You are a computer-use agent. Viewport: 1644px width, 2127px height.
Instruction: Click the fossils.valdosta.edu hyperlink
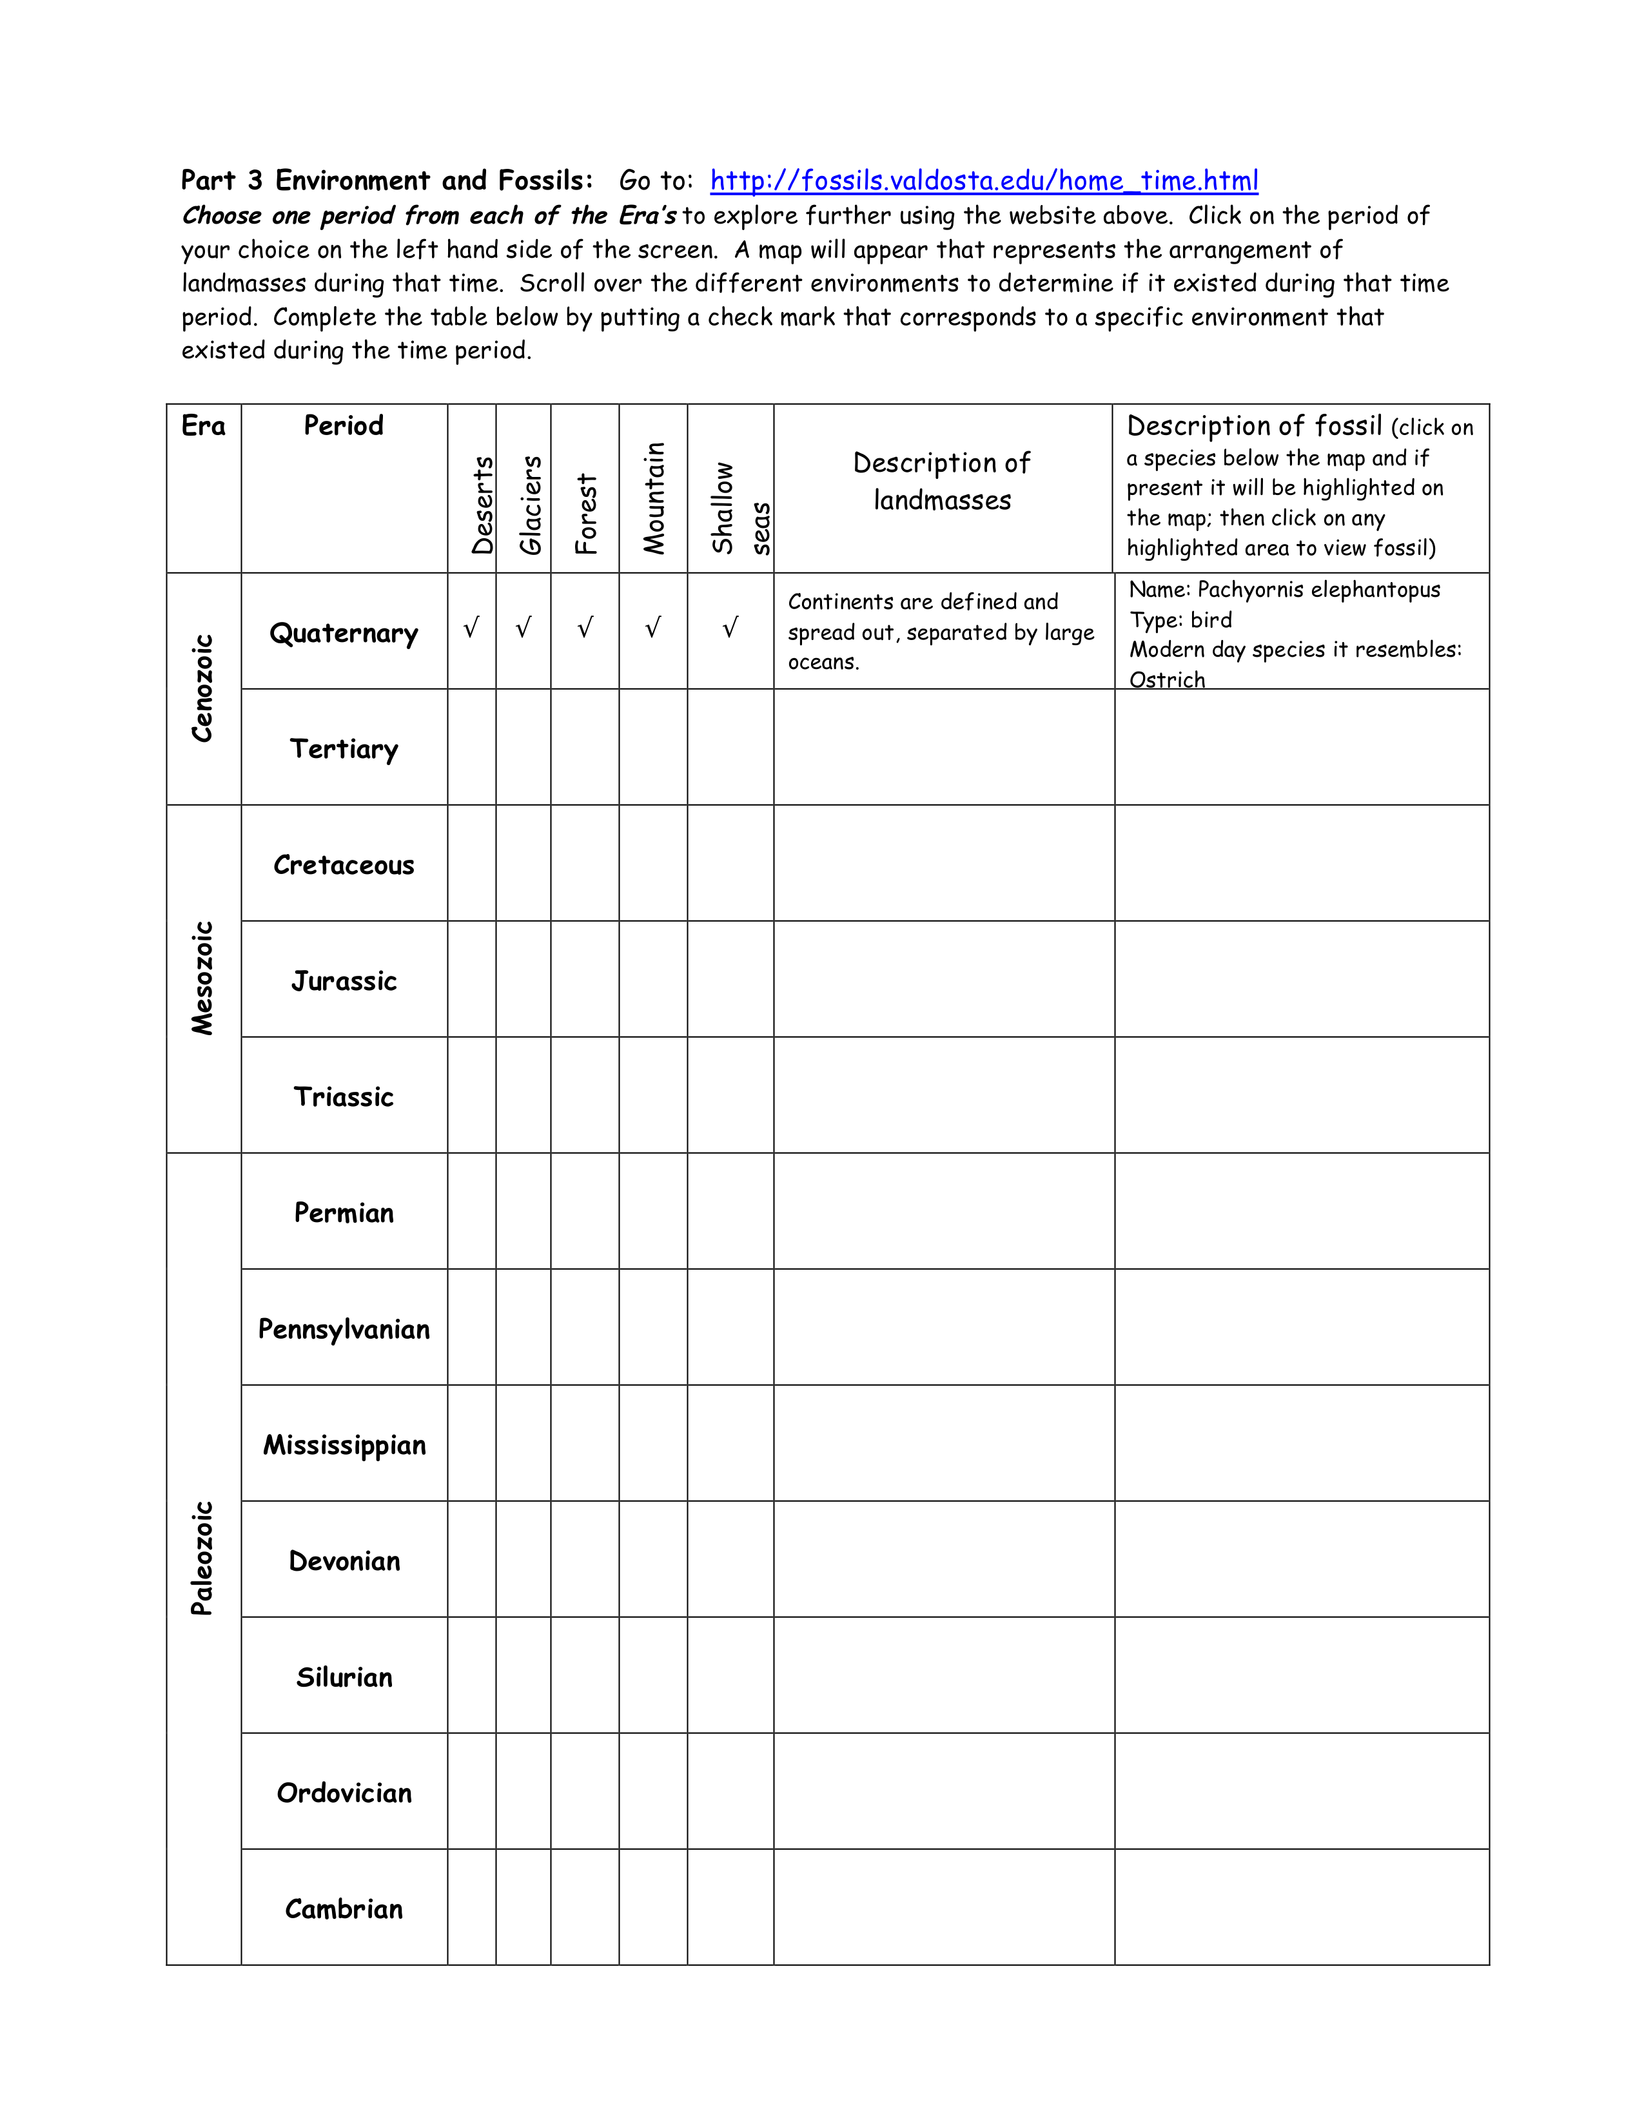tap(984, 181)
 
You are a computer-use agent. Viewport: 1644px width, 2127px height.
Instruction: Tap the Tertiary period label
tap(344, 749)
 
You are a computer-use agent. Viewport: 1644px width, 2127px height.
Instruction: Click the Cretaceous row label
tap(344, 865)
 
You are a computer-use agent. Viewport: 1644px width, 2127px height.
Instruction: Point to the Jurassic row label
tap(344, 981)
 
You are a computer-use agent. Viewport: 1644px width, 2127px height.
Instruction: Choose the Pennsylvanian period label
tap(344, 1329)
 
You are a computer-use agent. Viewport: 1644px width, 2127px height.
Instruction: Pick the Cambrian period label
tap(344, 1909)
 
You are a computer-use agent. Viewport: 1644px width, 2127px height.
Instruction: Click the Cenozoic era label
tap(202, 688)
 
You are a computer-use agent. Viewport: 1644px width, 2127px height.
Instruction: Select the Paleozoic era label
tap(202, 1559)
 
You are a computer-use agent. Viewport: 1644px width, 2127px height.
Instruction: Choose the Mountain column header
tap(654, 499)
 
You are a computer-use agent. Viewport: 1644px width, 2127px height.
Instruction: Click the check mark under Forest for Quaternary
tap(585, 628)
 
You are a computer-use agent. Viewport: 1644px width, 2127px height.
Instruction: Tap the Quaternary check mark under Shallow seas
tap(730, 628)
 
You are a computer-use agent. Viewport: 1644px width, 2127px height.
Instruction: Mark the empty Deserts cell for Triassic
tap(471, 1096)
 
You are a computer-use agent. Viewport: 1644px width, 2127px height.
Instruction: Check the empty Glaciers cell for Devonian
tap(523, 1559)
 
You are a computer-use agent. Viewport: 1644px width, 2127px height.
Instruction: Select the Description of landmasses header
tap(942, 481)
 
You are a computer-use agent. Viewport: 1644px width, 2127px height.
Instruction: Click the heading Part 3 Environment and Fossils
tap(387, 181)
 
